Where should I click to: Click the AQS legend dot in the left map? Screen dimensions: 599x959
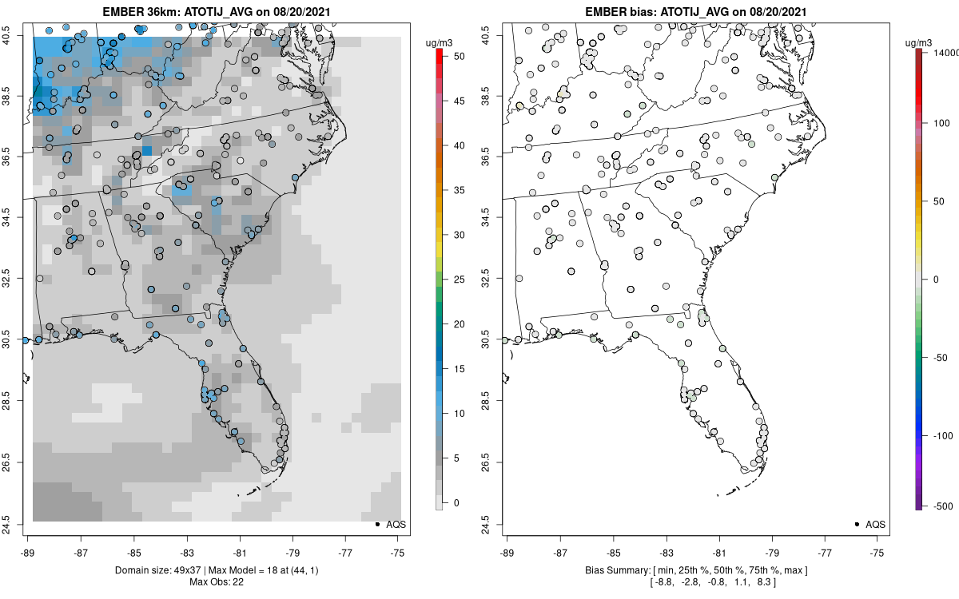tap(376, 525)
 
